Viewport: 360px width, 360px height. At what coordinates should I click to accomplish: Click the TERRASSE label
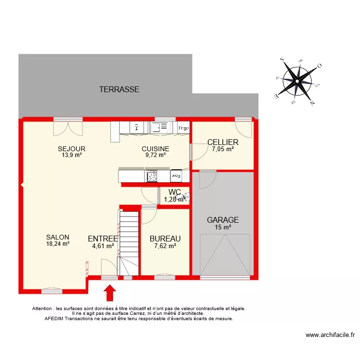119,89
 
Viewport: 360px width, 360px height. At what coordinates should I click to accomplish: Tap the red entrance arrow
110,292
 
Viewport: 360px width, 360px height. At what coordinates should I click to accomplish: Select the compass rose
297,81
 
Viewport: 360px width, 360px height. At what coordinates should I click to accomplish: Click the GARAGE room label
223,220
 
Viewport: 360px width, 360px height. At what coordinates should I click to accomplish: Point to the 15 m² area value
223,228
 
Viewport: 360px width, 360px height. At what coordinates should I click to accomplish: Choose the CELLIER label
223,142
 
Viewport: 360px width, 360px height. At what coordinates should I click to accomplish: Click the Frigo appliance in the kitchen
183,128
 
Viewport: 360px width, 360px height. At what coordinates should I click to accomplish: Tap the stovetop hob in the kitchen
152,176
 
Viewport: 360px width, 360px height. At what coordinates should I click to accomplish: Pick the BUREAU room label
165,239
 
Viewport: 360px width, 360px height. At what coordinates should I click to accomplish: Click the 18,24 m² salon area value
58,244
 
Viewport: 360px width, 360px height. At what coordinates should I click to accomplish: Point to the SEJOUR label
72,149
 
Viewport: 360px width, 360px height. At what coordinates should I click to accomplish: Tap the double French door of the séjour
68,127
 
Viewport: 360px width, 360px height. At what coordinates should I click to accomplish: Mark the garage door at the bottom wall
225,277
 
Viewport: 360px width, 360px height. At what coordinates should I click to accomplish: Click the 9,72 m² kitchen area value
156,155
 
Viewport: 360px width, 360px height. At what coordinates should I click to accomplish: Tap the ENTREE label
103,239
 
